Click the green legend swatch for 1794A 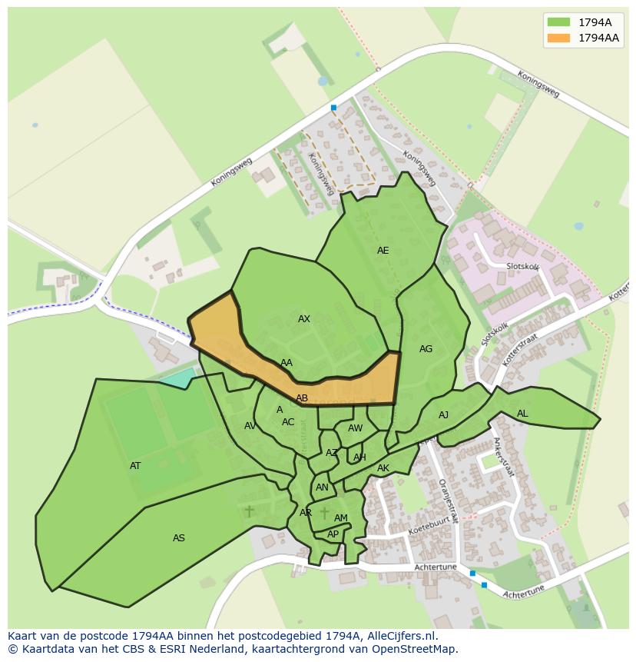click(558, 22)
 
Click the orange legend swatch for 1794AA click(558, 38)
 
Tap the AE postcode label click(383, 251)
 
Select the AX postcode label click(304, 319)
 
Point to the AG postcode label click(426, 349)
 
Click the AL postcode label click(522, 414)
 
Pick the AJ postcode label click(443, 415)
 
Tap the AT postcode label click(135, 466)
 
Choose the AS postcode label click(179, 538)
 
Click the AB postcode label click(302, 398)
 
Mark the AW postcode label click(355, 428)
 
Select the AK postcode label click(383, 468)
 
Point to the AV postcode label click(250, 426)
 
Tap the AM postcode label click(341, 518)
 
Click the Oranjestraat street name click(448, 498)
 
